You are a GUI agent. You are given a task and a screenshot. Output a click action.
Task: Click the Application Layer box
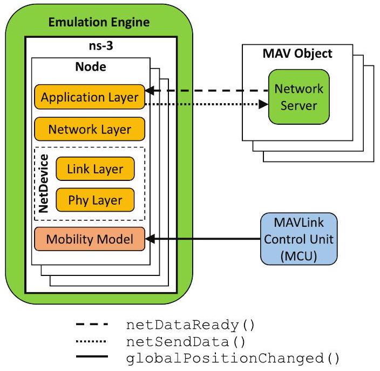pos(90,98)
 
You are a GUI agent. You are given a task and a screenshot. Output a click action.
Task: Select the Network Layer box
pos(90,130)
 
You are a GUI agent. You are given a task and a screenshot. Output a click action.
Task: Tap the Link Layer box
pos(95,169)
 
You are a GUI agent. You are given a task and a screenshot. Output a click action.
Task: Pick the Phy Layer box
pos(95,200)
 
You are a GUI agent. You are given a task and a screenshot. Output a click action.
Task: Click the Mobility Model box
pos(90,238)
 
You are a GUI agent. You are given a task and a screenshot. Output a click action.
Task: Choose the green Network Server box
pos(298,97)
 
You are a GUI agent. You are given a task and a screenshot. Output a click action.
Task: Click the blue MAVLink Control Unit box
pos(298,238)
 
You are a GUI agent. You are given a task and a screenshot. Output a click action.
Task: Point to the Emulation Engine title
pos(99,23)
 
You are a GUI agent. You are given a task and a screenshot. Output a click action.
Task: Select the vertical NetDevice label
pos(44,185)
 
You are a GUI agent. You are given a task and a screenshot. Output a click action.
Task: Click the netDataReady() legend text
pos(189,326)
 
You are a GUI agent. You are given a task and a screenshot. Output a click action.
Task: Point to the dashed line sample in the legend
pos(92,325)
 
